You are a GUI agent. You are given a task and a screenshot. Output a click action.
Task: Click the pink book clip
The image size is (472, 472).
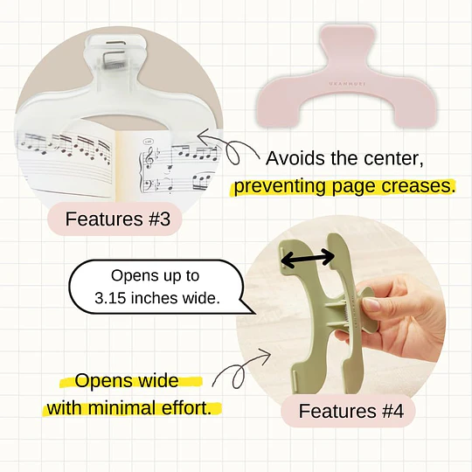click(346, 75)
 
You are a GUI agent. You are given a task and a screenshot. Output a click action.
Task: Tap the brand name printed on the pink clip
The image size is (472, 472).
click(347, 84)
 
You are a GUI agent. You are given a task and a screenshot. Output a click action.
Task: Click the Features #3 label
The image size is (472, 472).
click(118, 219)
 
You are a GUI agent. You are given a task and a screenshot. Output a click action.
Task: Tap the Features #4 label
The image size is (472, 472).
click(351, 411)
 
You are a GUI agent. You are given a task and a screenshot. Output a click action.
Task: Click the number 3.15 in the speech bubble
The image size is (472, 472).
click(110, 298)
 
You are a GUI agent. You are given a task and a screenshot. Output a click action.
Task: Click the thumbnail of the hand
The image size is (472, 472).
click(392, 317)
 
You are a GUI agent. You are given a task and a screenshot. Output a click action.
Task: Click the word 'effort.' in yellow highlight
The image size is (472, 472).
click(187, 408)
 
